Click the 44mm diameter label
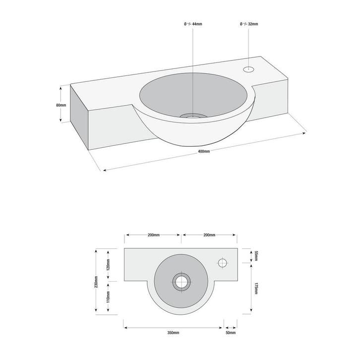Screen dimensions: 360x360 point(193,24)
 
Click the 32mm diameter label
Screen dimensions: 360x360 point(249,24)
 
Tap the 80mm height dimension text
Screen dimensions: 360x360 point(61,105)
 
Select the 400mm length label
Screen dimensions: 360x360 point(204,151)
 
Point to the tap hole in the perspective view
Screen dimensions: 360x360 point(248,68)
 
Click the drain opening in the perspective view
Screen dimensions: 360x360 point(193,116)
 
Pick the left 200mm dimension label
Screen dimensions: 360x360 point(154,235)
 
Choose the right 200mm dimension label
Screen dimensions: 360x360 point(209,235)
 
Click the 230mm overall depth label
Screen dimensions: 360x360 point(96,282)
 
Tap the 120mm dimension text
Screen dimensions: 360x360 point(108,264)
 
